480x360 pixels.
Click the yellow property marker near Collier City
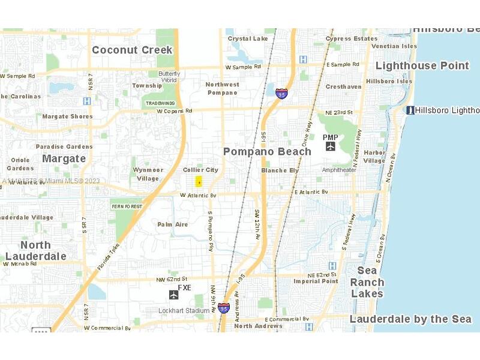199,182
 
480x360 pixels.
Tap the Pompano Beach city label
267,152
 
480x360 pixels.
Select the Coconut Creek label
132,50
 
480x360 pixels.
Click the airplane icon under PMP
331,146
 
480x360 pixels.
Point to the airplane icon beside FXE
174,294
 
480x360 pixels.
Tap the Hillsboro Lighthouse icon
410,110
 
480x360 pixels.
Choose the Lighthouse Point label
422,65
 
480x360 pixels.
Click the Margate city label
64,158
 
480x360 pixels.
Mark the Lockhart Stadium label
183,311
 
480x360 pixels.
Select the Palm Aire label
173,224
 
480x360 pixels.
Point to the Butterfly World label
169,76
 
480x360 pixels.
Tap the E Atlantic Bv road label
311,191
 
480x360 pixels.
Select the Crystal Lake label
248,39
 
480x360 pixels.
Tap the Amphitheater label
339,170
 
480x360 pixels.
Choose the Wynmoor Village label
148,174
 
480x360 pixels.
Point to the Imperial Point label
316,281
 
